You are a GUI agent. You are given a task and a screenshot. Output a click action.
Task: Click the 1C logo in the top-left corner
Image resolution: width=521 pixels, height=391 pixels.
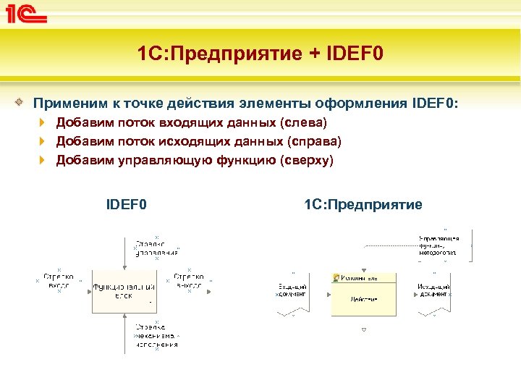[27, 15]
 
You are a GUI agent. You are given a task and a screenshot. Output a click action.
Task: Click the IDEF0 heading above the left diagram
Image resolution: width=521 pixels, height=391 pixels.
[127, 205]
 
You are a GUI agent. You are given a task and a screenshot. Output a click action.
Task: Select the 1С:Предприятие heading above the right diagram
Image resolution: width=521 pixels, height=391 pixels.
[363, 205]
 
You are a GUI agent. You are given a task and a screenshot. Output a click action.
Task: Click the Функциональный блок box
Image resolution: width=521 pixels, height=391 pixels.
[124, 291]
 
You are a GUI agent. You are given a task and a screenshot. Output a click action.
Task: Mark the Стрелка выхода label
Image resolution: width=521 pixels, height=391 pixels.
[190, 281]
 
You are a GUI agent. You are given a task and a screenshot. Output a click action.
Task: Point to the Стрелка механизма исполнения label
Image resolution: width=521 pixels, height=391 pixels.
[156, 335]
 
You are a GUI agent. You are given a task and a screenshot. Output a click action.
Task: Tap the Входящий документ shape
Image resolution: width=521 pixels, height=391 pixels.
[292, 292]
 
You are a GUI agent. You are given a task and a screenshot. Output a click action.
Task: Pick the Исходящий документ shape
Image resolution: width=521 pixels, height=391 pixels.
[434, 292]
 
